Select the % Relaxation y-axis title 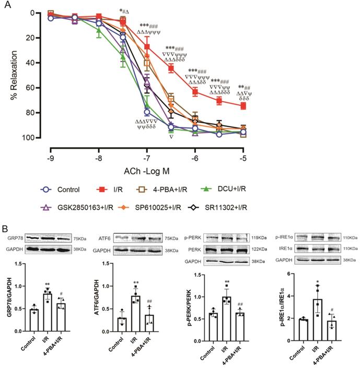coord(11,74)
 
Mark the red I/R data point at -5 coord(243,105)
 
